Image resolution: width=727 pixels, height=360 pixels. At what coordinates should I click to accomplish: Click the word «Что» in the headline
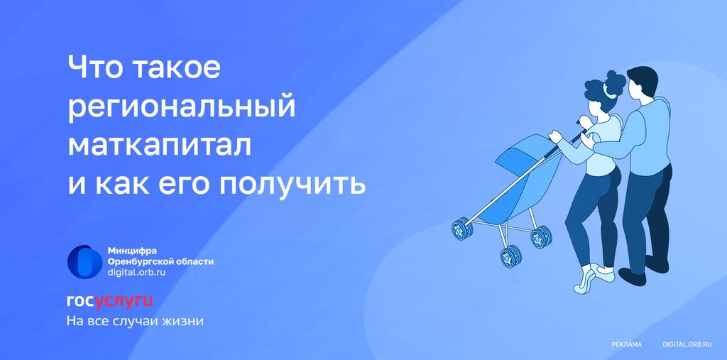94,67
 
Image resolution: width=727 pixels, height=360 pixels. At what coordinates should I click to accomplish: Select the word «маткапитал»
160,145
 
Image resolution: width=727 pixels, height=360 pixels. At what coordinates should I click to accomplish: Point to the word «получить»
292,184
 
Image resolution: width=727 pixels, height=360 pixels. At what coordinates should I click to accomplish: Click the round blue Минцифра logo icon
85,261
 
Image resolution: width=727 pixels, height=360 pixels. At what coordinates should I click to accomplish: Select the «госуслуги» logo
109,302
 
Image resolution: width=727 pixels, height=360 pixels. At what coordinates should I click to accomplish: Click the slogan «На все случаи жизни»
135,321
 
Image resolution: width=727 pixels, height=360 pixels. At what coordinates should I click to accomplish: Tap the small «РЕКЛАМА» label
626,344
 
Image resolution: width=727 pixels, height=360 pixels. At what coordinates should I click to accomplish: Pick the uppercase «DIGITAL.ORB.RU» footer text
687,344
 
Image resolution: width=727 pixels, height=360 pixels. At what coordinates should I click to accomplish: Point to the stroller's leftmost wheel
462,228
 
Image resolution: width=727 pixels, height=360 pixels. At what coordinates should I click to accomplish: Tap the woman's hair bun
616,81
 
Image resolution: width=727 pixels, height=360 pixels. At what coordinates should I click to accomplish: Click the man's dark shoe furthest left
632,276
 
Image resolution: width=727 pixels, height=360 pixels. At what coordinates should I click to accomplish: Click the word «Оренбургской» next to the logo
138,261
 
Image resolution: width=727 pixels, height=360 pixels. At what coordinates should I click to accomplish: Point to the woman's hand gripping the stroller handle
555,136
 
